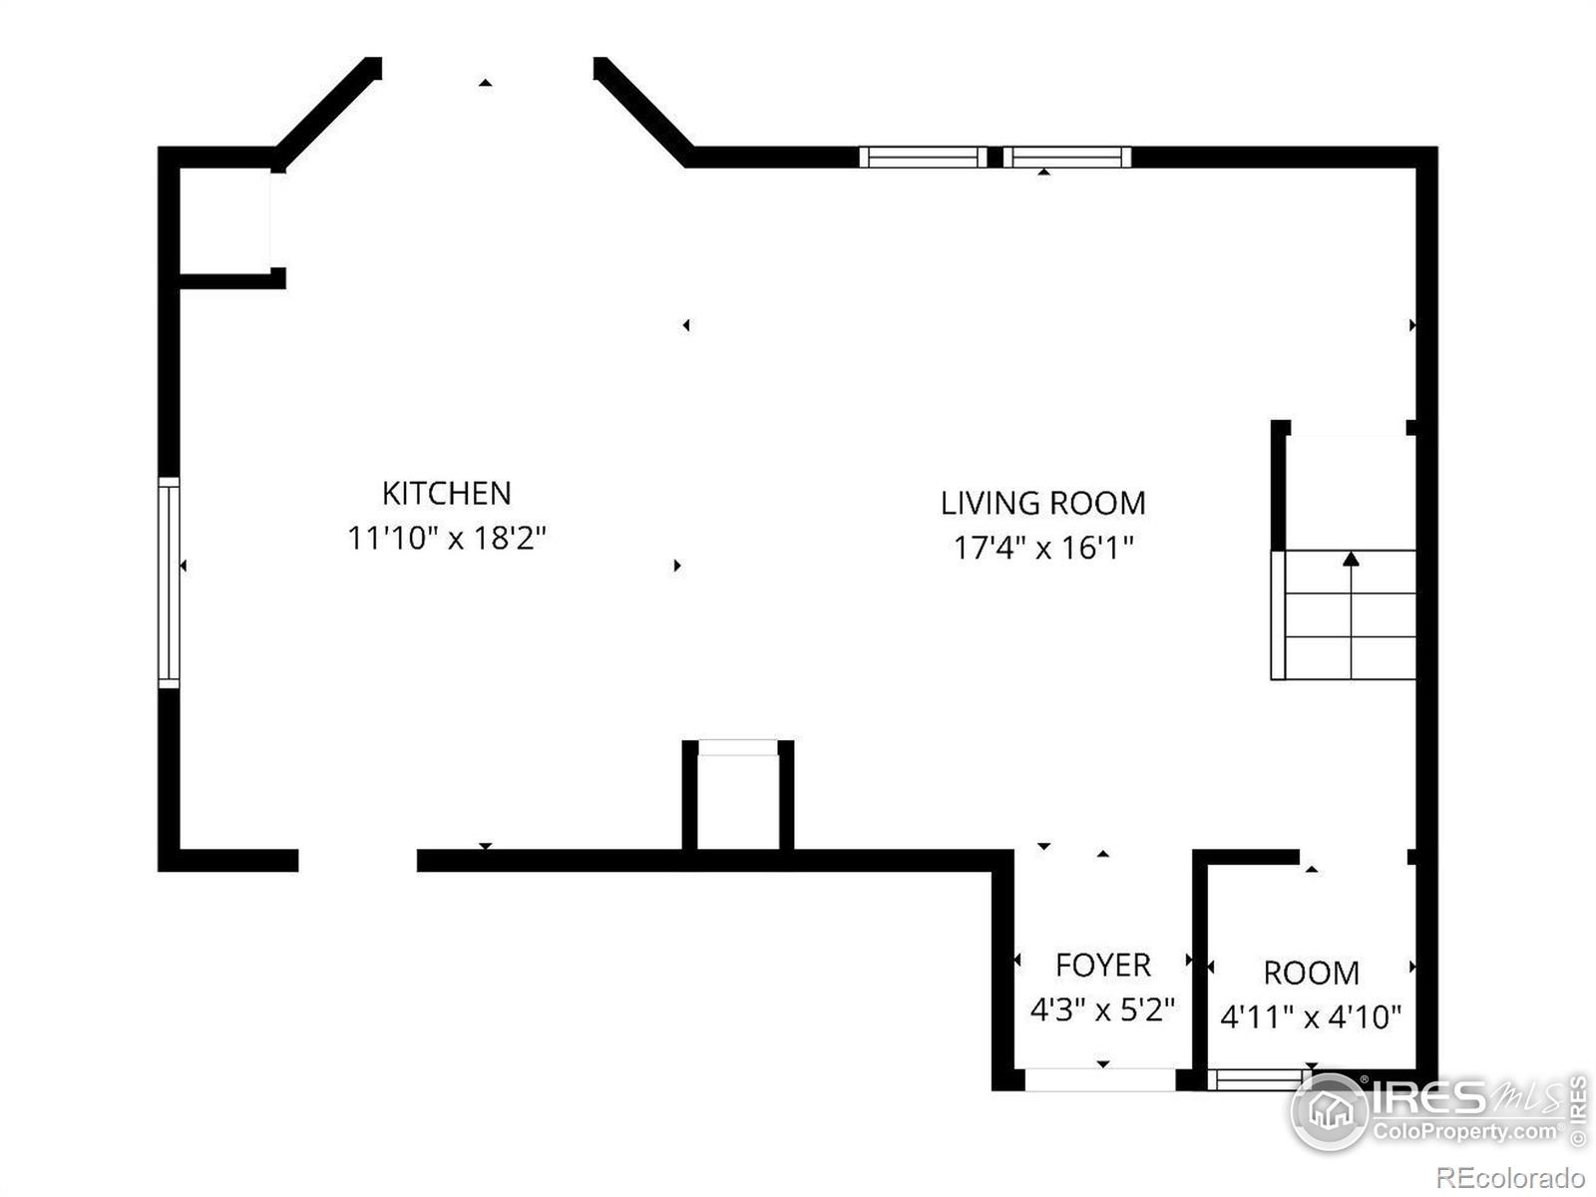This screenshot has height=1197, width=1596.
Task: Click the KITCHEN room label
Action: tap(447, 494)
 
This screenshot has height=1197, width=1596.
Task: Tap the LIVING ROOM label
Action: tap(1042, 503)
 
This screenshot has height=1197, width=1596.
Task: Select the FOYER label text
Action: tap(1103, 966)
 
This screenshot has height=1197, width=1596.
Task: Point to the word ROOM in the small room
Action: tap(1311, 974)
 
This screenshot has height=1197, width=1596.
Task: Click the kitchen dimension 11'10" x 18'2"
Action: tap(447, 539)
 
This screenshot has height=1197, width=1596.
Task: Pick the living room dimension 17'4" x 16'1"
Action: tap(1043, 548)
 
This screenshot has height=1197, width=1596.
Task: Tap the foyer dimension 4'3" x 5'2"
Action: tap(1102, 1009)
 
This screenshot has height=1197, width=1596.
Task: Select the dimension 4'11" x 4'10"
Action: tap(1311, 1017)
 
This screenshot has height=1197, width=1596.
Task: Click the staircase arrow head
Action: tap(1351, 559)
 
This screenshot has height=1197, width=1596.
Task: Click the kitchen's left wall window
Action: tap(169, 583)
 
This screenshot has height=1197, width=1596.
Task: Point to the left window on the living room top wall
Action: tap(923, 157)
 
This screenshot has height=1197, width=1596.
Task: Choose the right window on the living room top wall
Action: tap(1066, 157)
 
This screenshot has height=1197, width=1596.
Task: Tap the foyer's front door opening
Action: tap(1100, 1079)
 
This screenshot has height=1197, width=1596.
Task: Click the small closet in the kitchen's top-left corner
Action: tap(224, 220)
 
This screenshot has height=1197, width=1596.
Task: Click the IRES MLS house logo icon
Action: tap(1330, 1110)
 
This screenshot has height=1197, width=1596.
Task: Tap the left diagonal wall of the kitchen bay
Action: tap(327, 114)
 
